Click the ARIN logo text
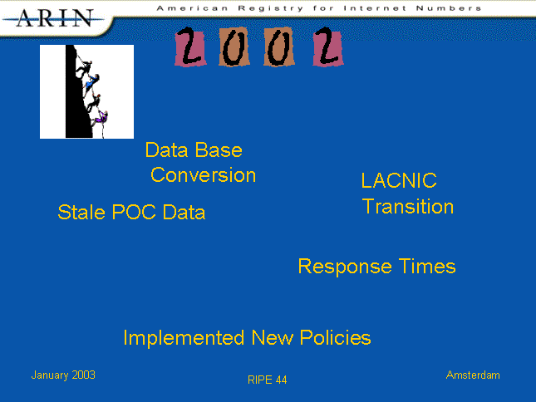pos(55,18)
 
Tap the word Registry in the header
pos(270,8)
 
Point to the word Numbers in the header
pos(449,7)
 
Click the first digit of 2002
pos(190,47)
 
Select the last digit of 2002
pos(328,47)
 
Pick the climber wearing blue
pos(91,82)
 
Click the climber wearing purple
pos(101,117)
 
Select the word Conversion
pos(203,175)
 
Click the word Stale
pos(81,212)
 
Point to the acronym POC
pos(134,212)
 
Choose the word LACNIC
pos(399,180)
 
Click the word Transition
pos(408,207)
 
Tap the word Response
pos(345,267)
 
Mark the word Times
pos(427,266)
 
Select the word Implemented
pos(184,338)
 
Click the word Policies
pos(336,338)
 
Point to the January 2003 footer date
pos(63,375)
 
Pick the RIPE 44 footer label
pos(268,380)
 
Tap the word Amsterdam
pos(473,375)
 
